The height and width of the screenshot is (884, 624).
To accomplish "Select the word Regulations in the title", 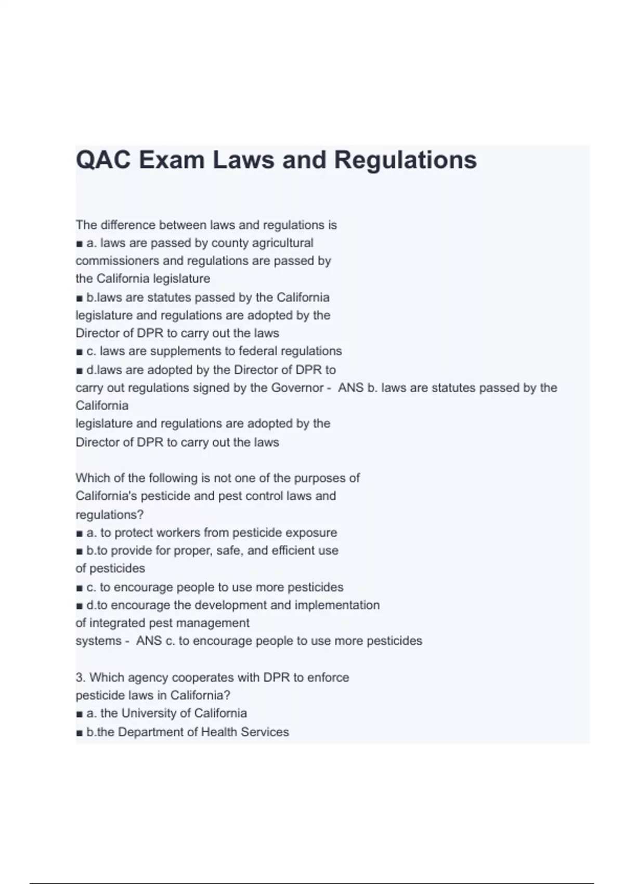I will point(405,160).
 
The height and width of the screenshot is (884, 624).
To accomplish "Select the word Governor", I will point(297,387).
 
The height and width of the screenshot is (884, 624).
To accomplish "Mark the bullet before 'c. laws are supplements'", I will point(79,352).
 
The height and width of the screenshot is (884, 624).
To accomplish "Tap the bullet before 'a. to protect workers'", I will point(79,534).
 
